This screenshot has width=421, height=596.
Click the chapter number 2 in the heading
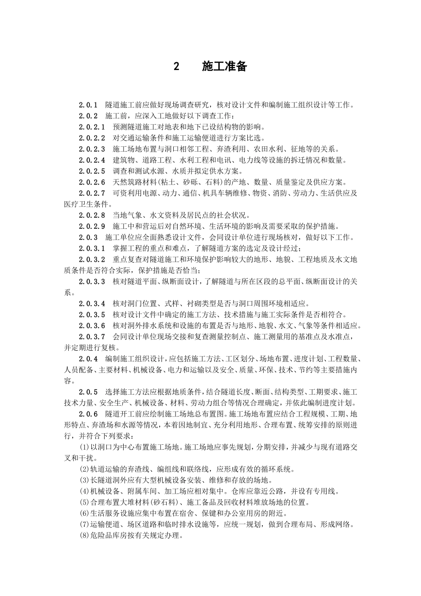tap(176, 67)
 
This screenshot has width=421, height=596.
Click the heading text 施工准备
tap(224, 67)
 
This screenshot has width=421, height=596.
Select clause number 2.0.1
tap(88, 105)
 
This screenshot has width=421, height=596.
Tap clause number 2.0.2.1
tap(92, 127)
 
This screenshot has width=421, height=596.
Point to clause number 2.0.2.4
tap(92, 160)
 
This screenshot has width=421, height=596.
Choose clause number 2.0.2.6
tap(92, 182)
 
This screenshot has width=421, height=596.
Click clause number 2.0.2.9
tap(92, 226)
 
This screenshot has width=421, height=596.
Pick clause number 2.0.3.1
tap(92, 248)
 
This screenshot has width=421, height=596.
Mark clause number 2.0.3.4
tap(92, 304)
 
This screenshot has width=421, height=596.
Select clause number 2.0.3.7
tap(92, 337)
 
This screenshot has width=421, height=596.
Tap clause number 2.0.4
tap(88, 359)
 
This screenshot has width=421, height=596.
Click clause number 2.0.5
tap(88, 392)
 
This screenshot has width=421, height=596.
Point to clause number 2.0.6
tap(88, 414)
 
